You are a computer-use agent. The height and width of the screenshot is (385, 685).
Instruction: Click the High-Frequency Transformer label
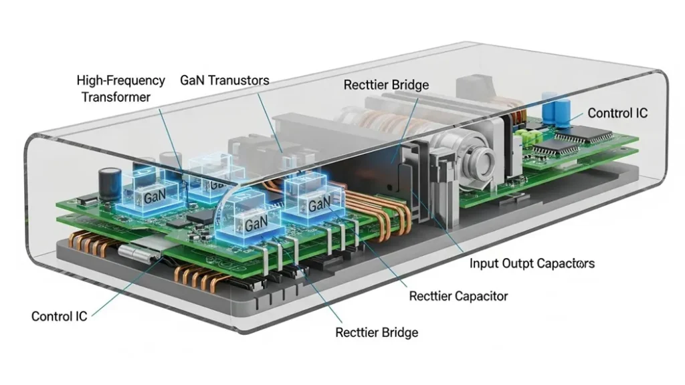pyautogui.click(x=120, y=88)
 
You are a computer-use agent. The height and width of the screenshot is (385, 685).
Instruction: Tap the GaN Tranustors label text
pyautogui.click(x=225, y=81)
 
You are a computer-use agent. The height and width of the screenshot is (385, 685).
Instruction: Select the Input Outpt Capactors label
pyautogui.click(x=532, y=263)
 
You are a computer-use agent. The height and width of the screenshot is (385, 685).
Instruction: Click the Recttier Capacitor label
pyautogui.click(x=458, y=295)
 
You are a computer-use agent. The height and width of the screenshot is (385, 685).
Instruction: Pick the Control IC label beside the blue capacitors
pyautogui.click(x=617, y=113)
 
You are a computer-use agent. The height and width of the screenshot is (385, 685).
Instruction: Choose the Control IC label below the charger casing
pyautogui.click(x=59, y=316)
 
